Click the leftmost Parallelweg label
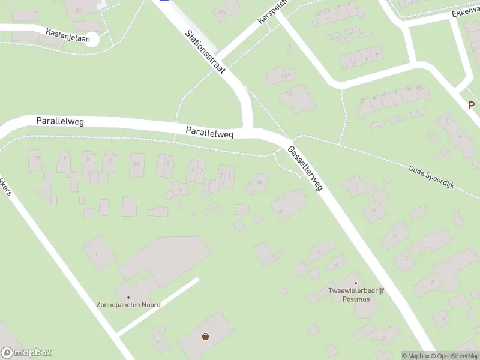tap(59, 121)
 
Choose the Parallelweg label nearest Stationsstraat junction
tap(209, 132)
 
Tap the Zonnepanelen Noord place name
tap(128, 305)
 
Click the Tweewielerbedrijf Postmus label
tap(356, 295)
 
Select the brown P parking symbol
tap(472, 105)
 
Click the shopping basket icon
tap(206, 337)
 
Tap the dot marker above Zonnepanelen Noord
tap(128, 296)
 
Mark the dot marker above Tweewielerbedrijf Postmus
tap(356, 283)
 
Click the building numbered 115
tap(222, 11)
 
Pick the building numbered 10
tap(37, 158)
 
